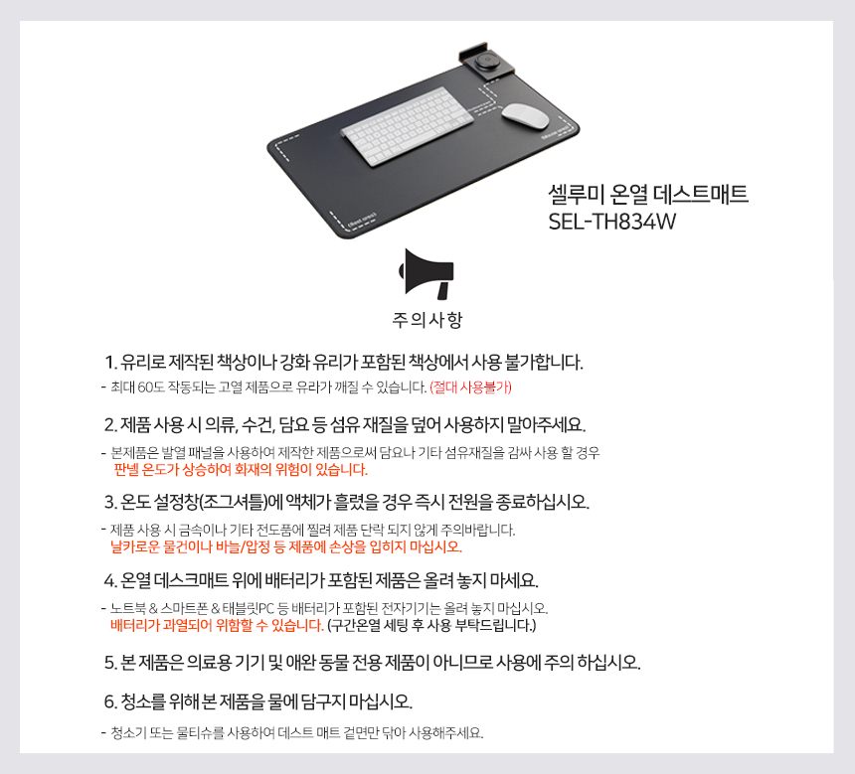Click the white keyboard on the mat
click(408, 126)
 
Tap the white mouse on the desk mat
click(525, 115)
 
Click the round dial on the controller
click(484, 61)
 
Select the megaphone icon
click(427, 273)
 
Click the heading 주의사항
click(427, 320)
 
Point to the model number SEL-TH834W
click(611, 222)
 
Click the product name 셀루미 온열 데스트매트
click(648, 194)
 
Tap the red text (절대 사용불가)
click(470, 387)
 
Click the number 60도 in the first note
click(151, 387)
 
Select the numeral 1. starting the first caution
click(110, 362)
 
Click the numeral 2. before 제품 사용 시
click(110, 424)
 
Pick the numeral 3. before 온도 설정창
click(110, 502)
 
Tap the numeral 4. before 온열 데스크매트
click(110, 580)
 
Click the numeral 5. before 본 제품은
click(110, 663)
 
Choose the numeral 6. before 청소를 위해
click(110, 701)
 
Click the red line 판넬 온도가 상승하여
click(241, 470)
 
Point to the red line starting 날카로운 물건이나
click(286, 546)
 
